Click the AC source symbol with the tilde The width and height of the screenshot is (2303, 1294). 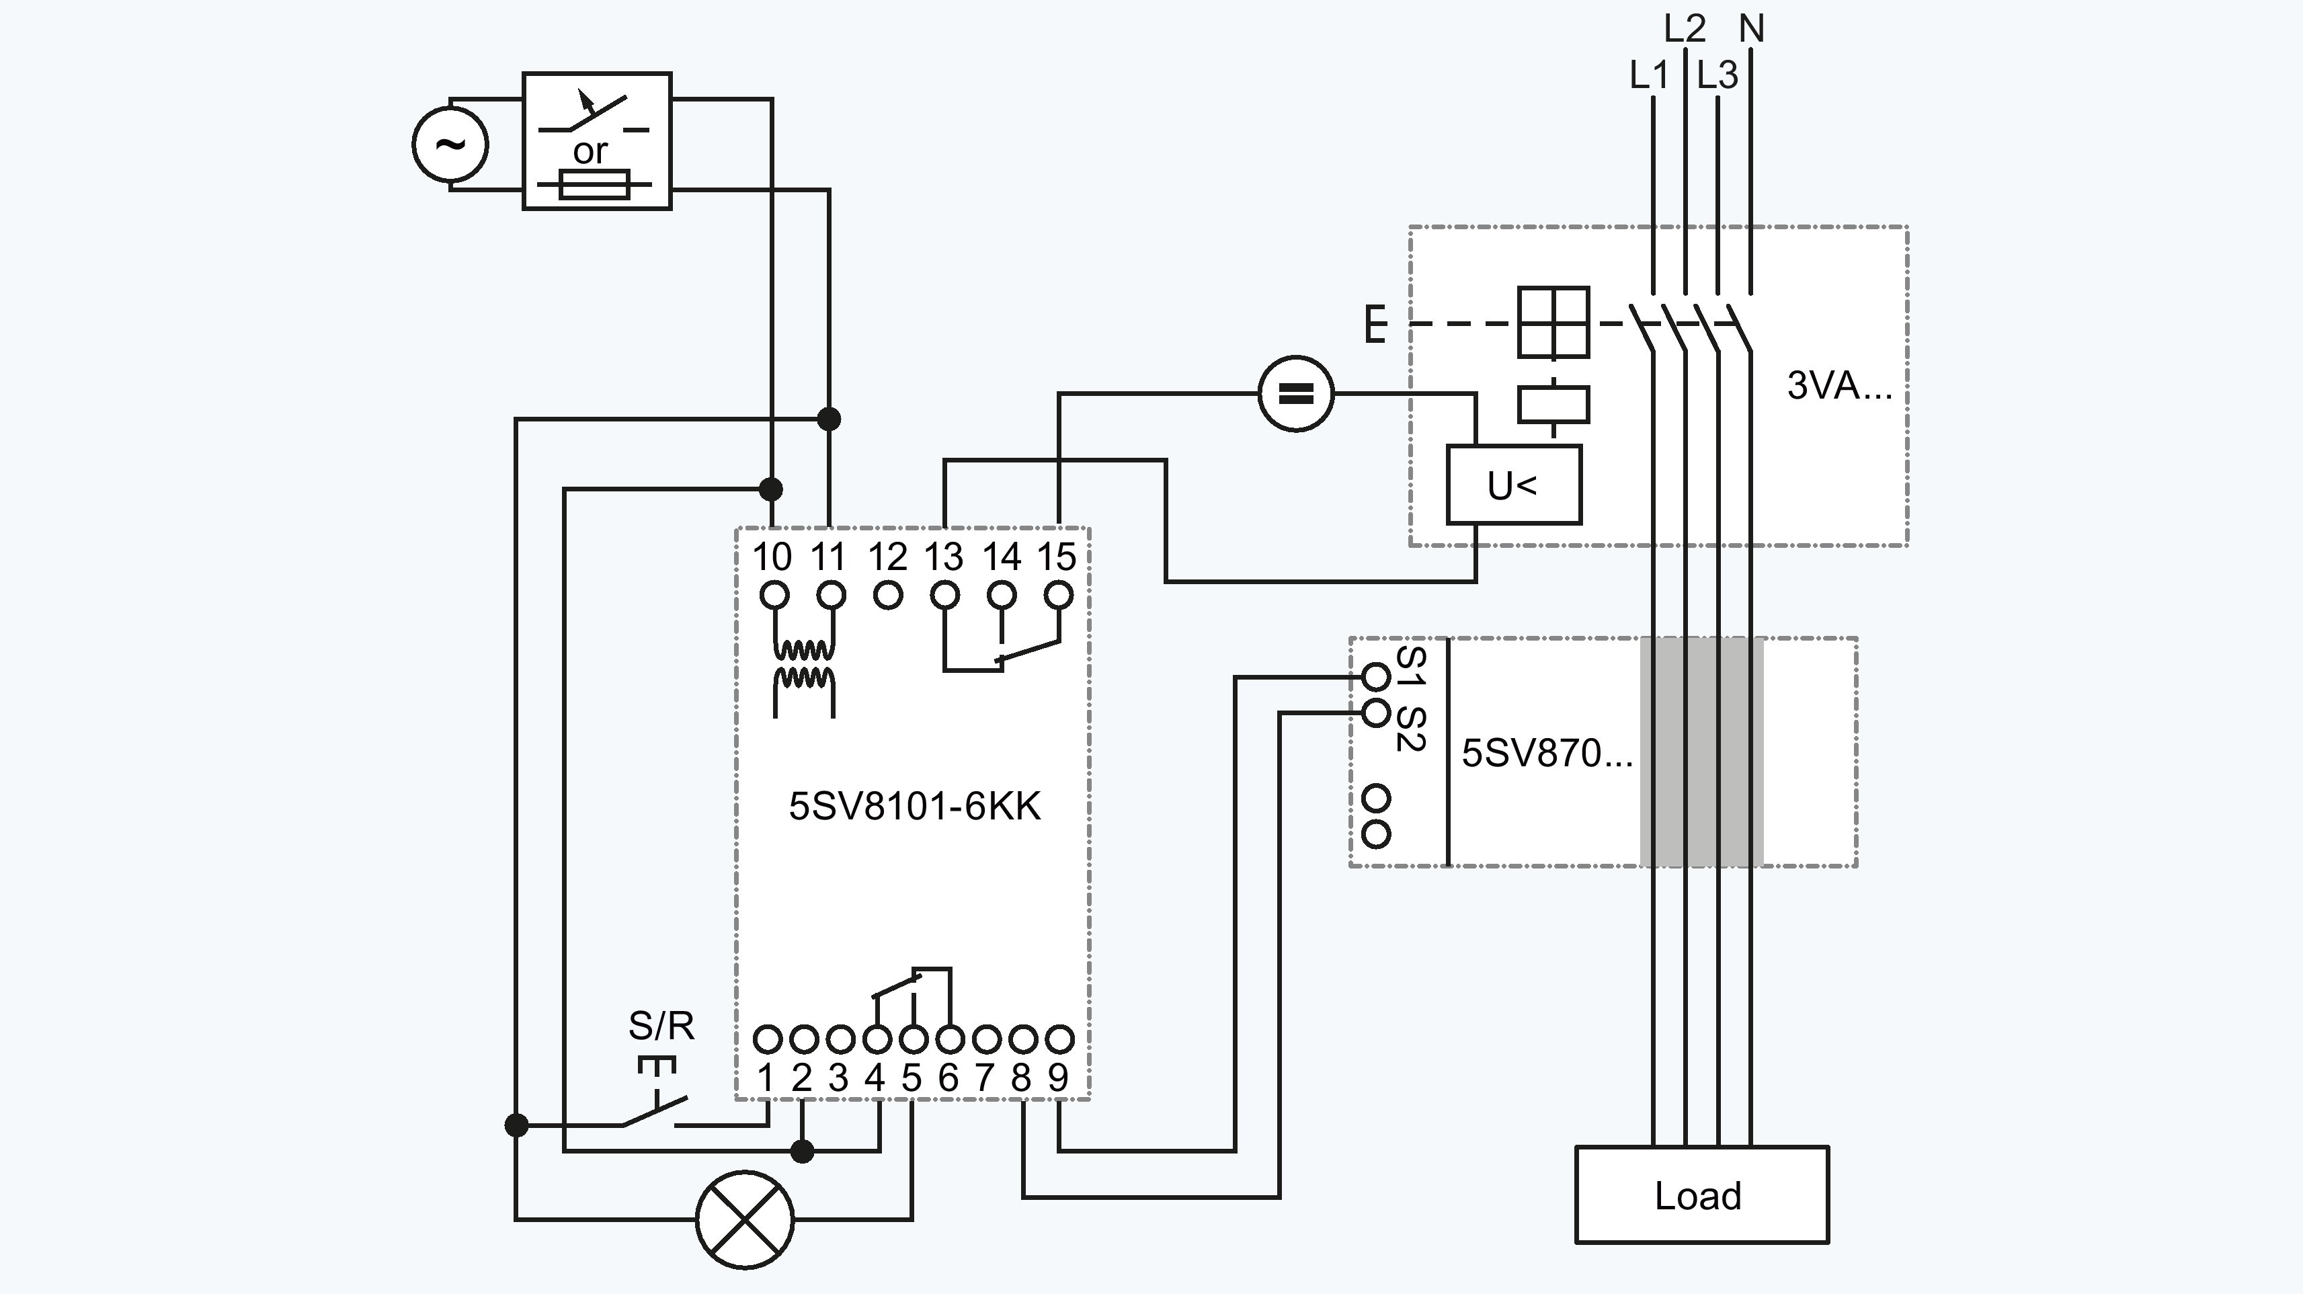(x=450, y=144)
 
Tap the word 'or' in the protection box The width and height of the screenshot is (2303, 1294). (x=590, y=151)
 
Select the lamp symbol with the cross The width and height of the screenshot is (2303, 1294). (x=745, y=1219)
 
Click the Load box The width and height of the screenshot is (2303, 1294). (x=1701, y=1195)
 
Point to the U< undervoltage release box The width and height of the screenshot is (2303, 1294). (x=1514, y=485)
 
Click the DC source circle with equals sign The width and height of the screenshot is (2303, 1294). (x=1295, y=393)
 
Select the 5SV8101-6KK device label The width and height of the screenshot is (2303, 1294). (x=915, y=806)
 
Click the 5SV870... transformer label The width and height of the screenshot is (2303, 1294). (x=1547, y=753)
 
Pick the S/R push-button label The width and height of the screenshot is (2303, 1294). (x=661, y=1026)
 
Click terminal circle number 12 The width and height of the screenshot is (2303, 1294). (x=888, y=595)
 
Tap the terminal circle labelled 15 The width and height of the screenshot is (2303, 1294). (x=1059, y=595)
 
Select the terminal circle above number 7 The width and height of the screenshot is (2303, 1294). (x=986, y=1039)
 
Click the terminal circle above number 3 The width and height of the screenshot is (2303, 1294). (x=840, y=1039)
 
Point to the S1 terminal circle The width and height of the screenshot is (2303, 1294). (x=1376, y=677)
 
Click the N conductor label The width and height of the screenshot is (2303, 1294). (x=1751, y=29)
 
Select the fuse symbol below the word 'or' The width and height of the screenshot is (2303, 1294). (x=594, y=185)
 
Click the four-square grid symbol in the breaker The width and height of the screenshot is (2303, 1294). (x=1553, y=322)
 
